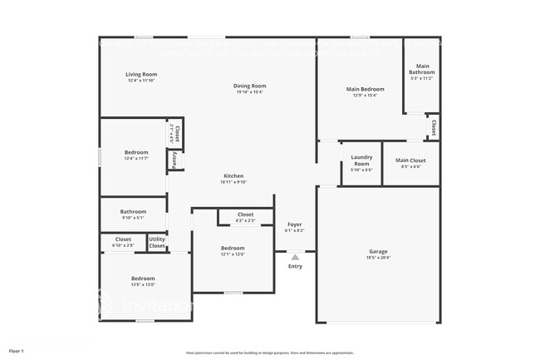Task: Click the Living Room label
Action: click(x=141, y=75)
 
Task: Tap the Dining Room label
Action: click(x=249, y=86)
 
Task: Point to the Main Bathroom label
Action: click(x=422, y=69)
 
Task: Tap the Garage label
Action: click(x=378, y=251)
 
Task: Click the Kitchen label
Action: click(x=233, y=176)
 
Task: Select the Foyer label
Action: click(x=295, y=224)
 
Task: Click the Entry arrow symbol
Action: click(x=295, y=258)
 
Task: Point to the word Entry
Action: click(x=295, y=266)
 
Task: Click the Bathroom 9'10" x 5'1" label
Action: click(x=133, y=211)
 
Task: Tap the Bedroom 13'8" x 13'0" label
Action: click(x=143, y=279)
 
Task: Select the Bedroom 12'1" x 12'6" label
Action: click(x=233, y=249)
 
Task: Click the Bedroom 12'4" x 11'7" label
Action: click(x=136, y=152)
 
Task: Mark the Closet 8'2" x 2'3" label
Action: click(x=245, y=215)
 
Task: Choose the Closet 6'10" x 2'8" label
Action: click(x=123, y=239)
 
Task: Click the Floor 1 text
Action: click(x=17, y=351)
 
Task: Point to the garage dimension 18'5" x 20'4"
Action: click(x=378, y=258)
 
